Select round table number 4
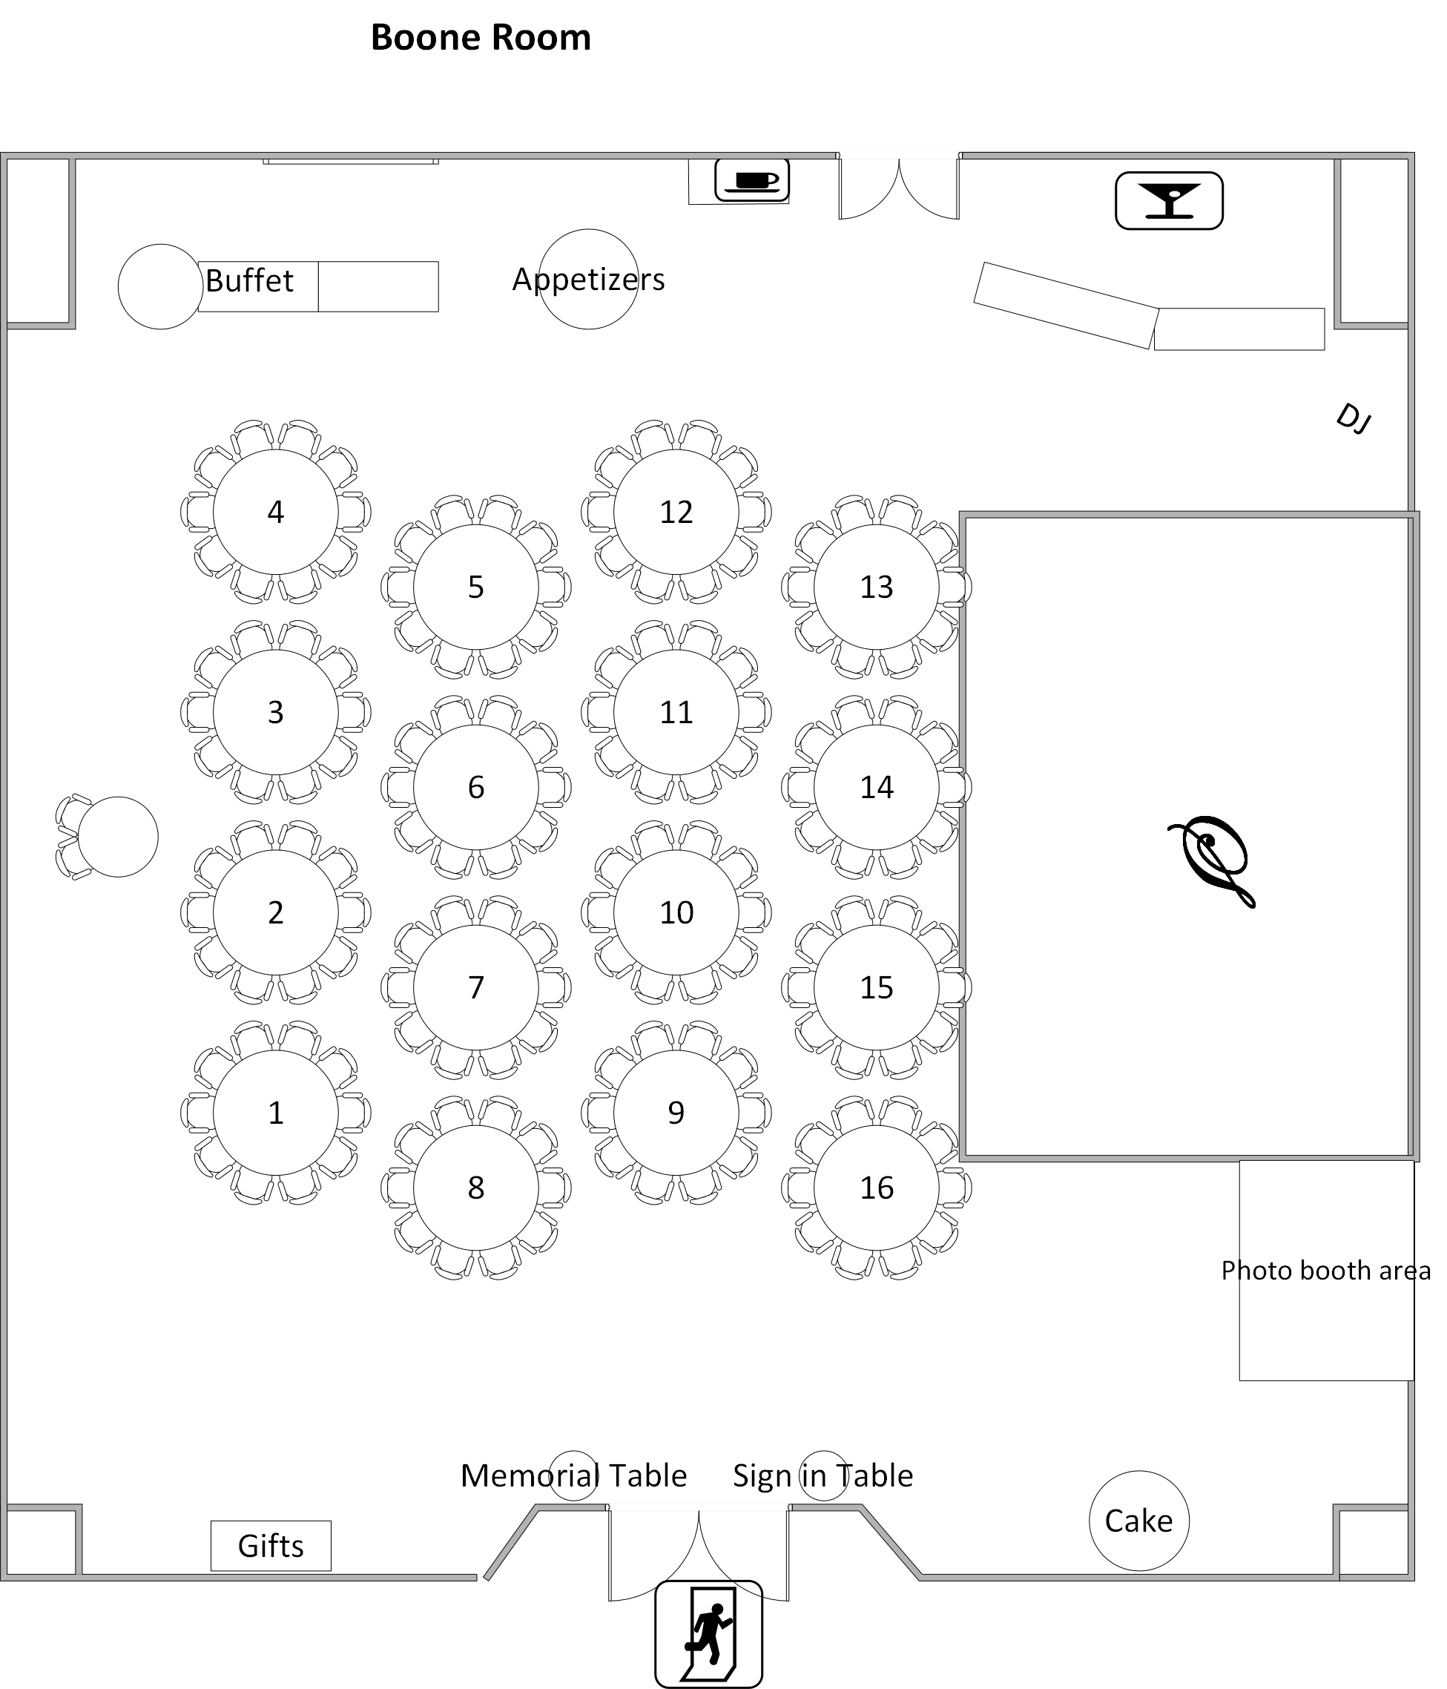click(x=276, y=512)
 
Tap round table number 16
click(x=877, y=1188)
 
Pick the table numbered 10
click(x=676, y=912)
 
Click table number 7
click(x=476, y=987)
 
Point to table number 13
click(x=877, y=587)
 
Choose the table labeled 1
click(x=276, y=1113)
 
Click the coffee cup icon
click(x=751, y=180)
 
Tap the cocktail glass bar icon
click(x=1168, y=200)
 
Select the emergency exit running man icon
click(x=708, y=1633)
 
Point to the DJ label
click(x=1352, y=418)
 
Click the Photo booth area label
click(x=1325, y=1270)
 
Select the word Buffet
click(x=248, y=281)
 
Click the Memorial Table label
click(x=573, y=1475)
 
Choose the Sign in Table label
click(x=823, y=1475)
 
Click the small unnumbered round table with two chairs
click(x=117, y=837)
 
